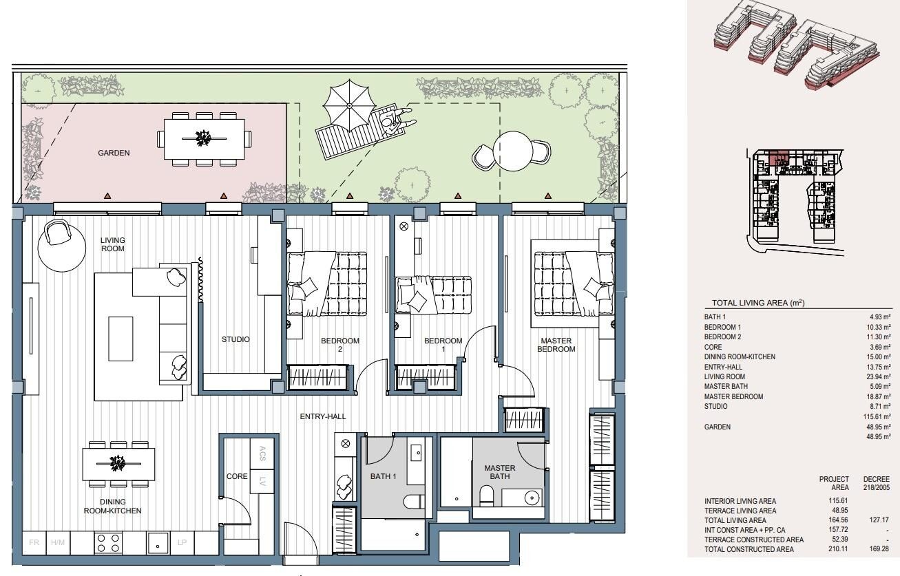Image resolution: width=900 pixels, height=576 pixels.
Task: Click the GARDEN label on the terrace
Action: pyautogui.click(x=114, y=153)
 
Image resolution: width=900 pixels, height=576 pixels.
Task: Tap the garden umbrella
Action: pyautogui.click(x=350, y=105)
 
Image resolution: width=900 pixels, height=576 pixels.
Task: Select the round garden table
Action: pyautogui.click(x=513, y=151)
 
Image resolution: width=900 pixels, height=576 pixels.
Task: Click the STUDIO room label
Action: pyautogui.click(x=236, y=339)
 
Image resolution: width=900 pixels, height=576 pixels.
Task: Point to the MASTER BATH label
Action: pyautogui.click(x=500, y=472)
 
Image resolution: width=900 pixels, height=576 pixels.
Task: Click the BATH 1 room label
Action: pyautogui.click(x=384, y=476)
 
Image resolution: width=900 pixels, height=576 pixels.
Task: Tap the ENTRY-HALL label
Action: pyautogui.click(x=323, y=416)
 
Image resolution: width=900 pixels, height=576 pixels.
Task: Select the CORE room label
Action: pyautogui.click(x=237, y=476)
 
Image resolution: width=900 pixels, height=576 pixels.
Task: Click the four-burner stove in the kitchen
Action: pyautogui.click(x=108, y=543)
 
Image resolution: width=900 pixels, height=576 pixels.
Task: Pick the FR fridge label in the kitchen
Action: pyautogui.click(x=34, y=543)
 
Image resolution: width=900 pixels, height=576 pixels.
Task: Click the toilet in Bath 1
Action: pyautogui.click(x=414, y=501)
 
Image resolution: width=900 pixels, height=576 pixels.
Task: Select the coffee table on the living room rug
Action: pyautogui.click(x=121, y=339)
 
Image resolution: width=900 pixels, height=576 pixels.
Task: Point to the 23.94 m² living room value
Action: pyautogui.click(x=878, y=376)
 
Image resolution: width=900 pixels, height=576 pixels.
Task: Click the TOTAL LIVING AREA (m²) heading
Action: pyautogui.click(x=758, y=303)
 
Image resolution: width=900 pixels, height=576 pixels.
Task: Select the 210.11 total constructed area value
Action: pyautogui.click(x=838, y=549)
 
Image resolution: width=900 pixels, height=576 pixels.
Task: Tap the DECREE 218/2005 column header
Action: pyautogui.click(x=877, y=483)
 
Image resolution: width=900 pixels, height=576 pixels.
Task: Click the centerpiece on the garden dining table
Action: pyautogui.click(x=204, y=138)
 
